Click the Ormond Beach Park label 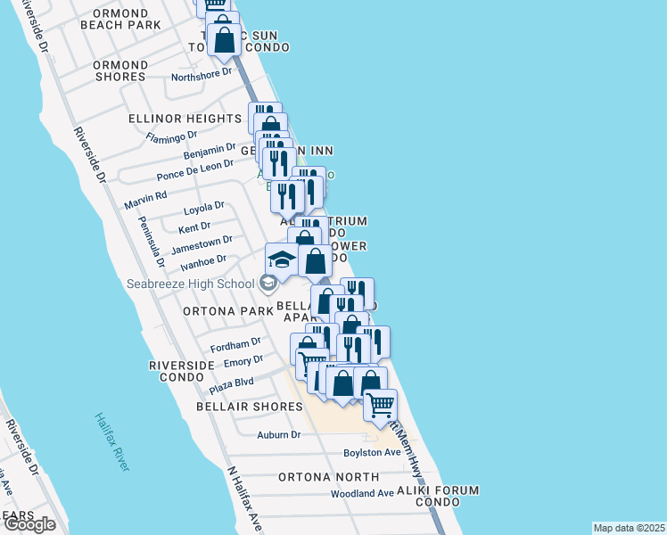(120, 19)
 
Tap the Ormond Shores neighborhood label (120, 70)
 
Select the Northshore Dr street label (202, 75)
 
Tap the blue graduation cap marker (282, 259)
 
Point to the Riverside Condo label (182, 372)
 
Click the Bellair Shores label (250, 407)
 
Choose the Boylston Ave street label (373, 453)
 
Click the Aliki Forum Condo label (438, 497)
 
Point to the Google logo (29, 524)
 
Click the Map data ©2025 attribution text (628, 528)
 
